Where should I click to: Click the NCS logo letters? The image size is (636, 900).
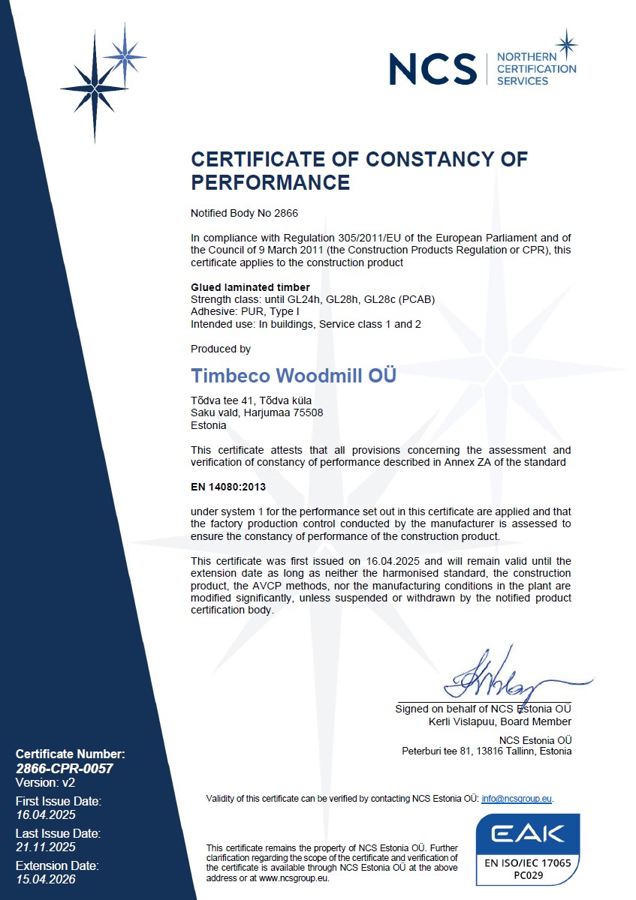point(433,69)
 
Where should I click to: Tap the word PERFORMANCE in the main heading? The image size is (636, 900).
point(270,182)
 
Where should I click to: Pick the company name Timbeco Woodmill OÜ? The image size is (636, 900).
point(294,375)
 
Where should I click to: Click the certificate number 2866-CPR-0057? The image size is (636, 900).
point(64,768)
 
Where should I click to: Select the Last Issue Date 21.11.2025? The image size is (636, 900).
point(46,847)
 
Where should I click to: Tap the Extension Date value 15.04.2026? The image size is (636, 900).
point(46,879)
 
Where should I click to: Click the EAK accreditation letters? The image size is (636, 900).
point(528,835)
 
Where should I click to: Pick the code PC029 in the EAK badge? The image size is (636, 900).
point(528,874)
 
